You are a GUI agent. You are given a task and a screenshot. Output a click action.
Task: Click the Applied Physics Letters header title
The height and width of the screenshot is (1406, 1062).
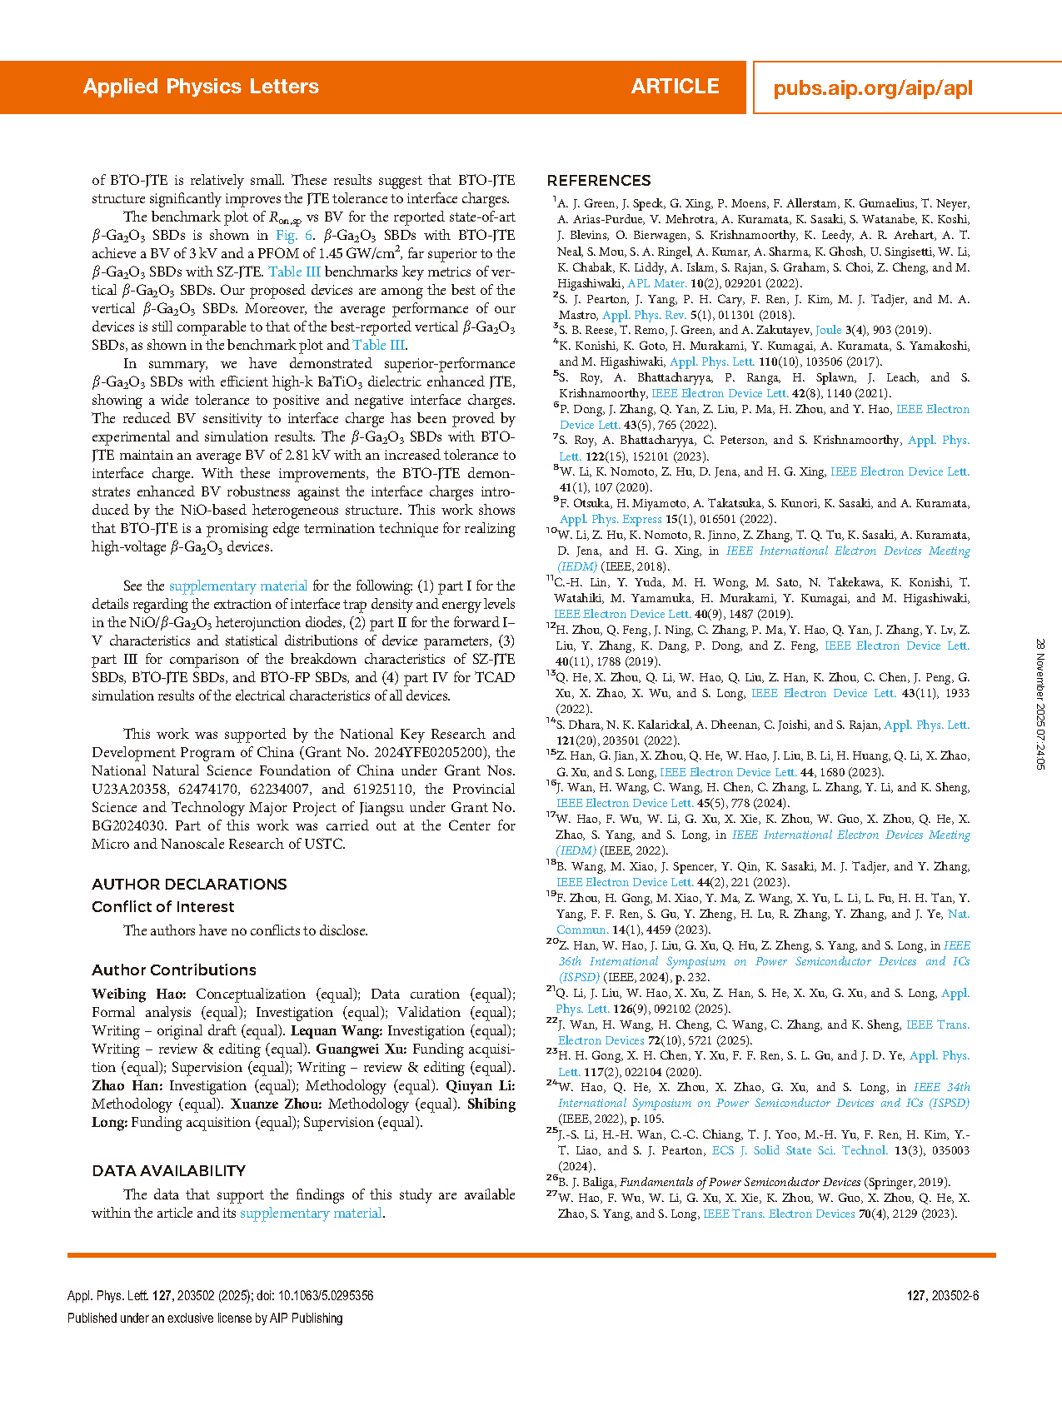click(201, 87)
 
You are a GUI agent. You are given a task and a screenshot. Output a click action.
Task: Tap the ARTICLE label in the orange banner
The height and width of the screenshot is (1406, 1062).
click(675, 87)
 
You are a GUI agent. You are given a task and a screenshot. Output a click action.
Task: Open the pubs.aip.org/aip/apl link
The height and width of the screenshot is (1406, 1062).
click(873, 88)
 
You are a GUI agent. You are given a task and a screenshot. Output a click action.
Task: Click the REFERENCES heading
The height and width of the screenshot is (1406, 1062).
click(599, 181)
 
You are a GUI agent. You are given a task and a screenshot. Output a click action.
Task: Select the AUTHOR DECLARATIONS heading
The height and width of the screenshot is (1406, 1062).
click(189, 885)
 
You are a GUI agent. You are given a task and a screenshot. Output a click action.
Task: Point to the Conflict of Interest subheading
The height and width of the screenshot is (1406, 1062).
click(163, 907)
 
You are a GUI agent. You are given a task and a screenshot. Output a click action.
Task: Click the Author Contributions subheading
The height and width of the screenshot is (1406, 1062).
click(174, 970)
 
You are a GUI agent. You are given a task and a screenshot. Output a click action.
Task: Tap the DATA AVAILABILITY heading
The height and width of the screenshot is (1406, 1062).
click(169, 1171)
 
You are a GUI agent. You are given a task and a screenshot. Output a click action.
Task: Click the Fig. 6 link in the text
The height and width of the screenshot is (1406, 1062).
click(294, 236)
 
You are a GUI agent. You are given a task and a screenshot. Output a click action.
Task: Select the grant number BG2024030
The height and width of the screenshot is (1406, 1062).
click(128, 826)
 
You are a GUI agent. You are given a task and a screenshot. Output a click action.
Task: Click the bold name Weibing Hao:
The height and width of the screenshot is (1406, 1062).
click(139, 995)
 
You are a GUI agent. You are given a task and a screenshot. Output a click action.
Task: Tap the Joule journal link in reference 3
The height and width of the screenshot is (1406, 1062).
click(828, 331)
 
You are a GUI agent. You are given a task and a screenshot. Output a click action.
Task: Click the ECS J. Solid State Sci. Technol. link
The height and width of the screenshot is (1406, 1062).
click(800, 1151)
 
